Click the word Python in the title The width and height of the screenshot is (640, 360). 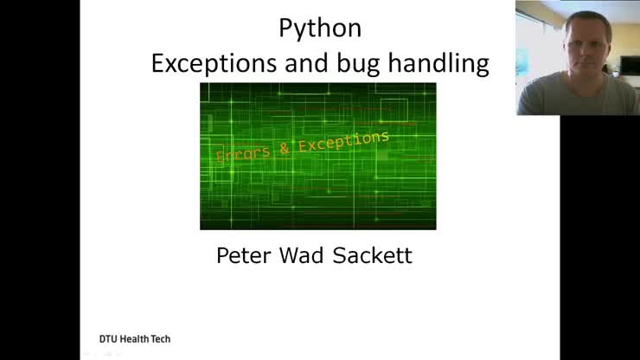coord(320,28)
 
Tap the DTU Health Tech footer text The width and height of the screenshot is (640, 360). coord(134,338)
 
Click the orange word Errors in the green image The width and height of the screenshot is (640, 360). coord(245,154)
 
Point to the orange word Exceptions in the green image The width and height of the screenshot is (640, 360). coord(344,140)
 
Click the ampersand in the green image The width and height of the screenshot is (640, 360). coord(285,149)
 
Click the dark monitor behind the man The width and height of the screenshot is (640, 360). coord(629,67)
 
